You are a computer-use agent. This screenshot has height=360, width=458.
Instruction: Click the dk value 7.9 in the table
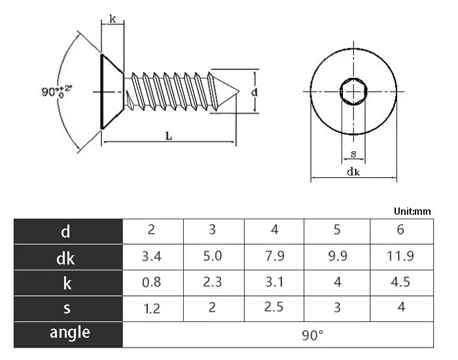(275, 256)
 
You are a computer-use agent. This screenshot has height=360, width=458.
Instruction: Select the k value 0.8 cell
(152, 282)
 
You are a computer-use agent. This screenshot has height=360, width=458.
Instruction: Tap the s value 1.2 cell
(152, 308)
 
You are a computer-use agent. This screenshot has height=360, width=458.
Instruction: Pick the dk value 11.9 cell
(400, 256)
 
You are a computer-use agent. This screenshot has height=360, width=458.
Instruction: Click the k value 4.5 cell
(400, 282)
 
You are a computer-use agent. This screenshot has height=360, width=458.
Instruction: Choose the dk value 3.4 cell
(152, 256)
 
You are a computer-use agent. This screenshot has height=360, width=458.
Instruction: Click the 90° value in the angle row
(313, 334)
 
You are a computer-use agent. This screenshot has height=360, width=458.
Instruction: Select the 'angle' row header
(69, 333)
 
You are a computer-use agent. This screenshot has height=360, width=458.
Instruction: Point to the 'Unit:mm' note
(413, 211)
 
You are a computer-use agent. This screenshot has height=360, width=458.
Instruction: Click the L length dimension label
(169, 135)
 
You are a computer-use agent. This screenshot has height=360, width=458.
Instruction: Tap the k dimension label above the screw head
(113, 20)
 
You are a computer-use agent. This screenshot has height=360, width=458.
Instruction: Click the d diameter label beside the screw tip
(255, 92)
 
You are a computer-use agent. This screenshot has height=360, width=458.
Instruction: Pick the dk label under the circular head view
(353, 172)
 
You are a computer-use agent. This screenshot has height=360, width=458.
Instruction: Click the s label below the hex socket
(353, 154)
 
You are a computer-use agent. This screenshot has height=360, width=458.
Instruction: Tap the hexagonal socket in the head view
(353, 91)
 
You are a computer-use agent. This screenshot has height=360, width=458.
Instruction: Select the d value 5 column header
(337, 230)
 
